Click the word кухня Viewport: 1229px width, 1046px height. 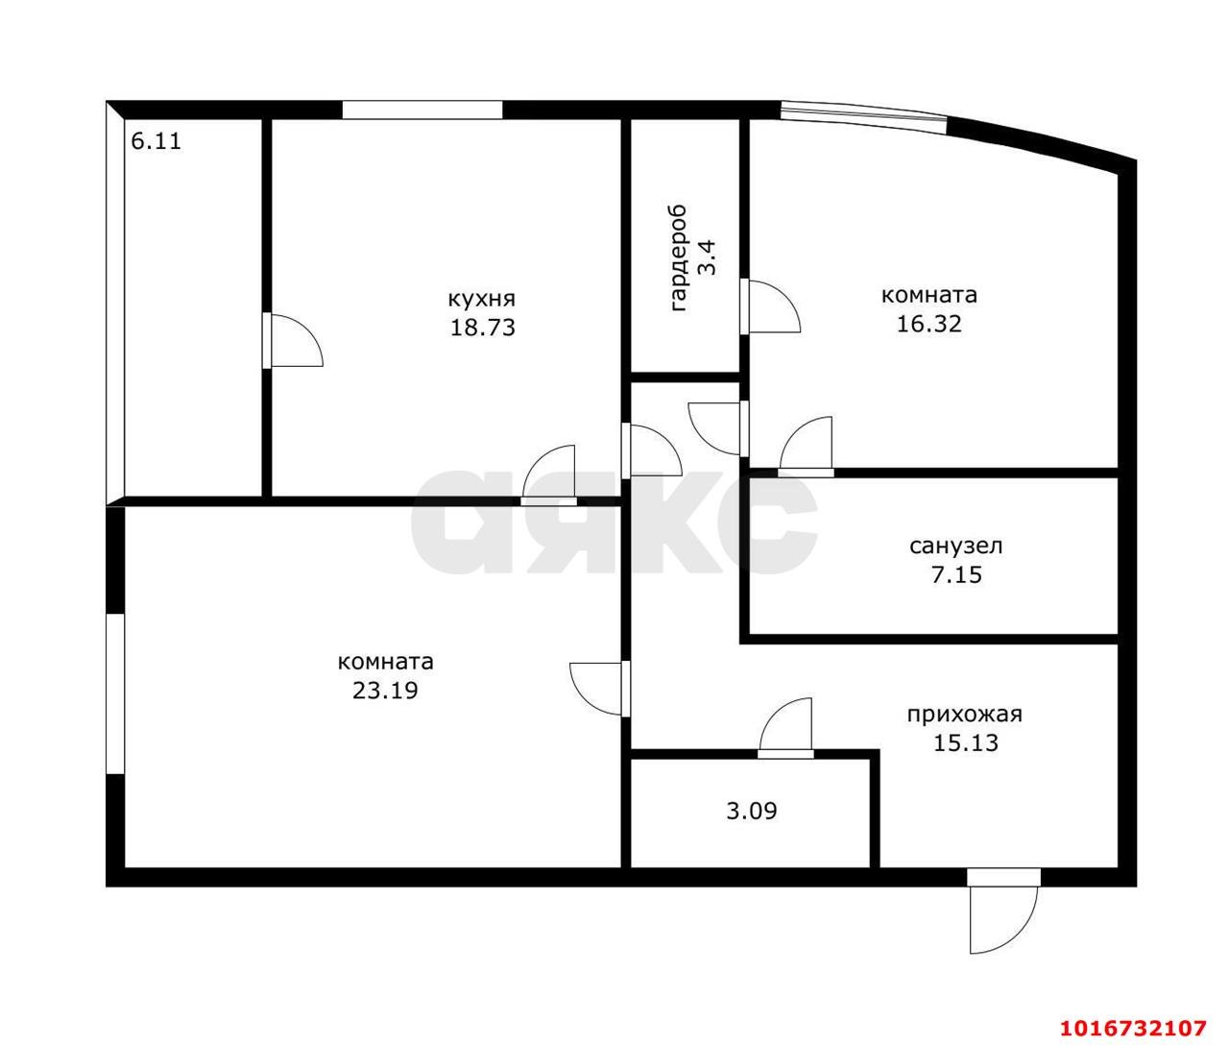pyautogui.click(x=481, y=300)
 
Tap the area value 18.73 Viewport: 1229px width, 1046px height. pyautogui.click(x=482, y=328)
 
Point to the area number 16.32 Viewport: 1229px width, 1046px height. pyautogui.click(x=928, y=324)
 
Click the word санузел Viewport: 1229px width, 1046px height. pyautogui.click(x=956, y=546)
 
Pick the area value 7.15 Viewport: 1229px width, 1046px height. pyautogui.click(x=956, y=575)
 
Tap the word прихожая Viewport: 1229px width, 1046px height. pyautogui.click(x=964, y=715)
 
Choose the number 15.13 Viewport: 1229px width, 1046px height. pyautogui.click(x=966, y=742)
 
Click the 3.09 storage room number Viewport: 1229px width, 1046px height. pyautogui.click(x=752, y=811)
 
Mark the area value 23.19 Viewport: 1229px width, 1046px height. pyautogui.click(x=385, y=691)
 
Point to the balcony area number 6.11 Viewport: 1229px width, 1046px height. pyautogui.click(x=156, y=141)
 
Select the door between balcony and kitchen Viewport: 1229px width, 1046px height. pyautogui.click(x=293, y=340)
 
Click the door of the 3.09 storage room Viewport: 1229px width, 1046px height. pyautogui.click(x=786, y=728)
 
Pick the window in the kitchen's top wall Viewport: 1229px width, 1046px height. pyautogui.click(x=422, y=110)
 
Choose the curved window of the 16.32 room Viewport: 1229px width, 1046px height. pyautogui.click(x=863, y=115)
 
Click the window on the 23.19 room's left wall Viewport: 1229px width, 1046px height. pyautogui.click(x=115, y=693)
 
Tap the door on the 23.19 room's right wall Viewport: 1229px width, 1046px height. pyautogui.click(x=599, y=690)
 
